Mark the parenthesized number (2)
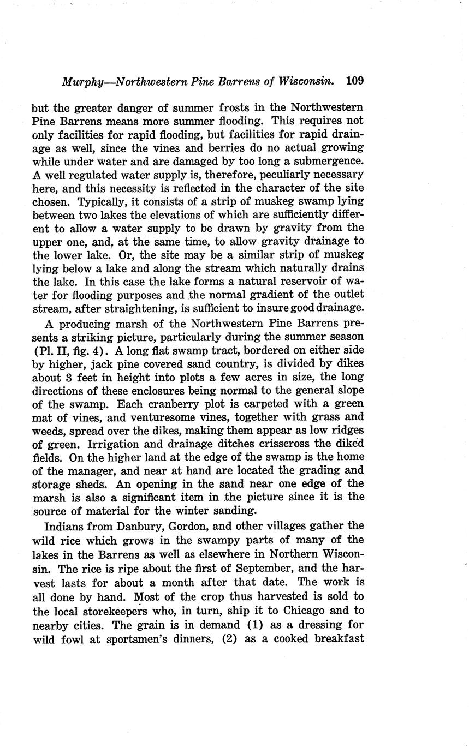(228, 637)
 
